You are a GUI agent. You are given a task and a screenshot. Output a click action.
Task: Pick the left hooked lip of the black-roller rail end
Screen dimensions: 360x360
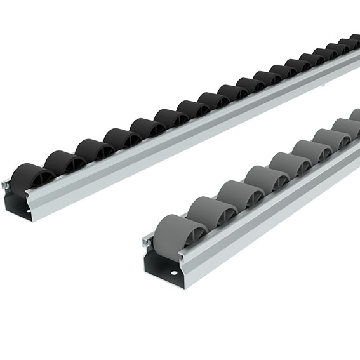pyautogui.click(x=5, y=185)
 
